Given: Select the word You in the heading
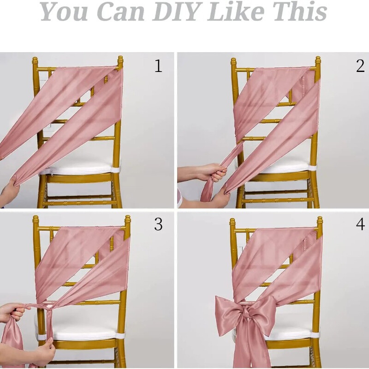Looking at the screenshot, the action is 65,12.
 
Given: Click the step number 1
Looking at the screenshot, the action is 159,66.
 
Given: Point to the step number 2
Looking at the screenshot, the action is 360,66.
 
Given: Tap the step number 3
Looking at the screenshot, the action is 158,224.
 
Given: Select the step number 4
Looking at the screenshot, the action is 360,224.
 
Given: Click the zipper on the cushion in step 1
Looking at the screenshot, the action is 52,172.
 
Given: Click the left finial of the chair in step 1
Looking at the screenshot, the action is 35,61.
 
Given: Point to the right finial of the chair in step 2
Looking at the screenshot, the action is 318,62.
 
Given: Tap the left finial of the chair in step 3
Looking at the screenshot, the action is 36,220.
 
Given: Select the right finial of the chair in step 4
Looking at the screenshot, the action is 320,222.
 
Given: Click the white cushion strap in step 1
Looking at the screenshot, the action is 115,170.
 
